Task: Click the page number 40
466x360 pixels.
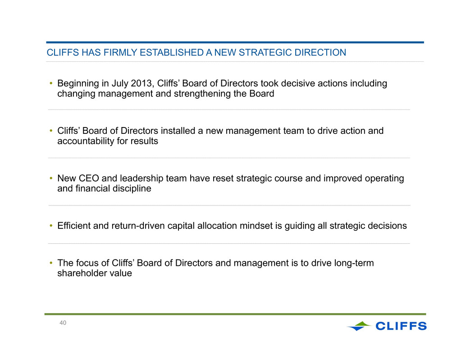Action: (x=63, y=323)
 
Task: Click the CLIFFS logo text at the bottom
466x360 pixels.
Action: (x=401, y=326)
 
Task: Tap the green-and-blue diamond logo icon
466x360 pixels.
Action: (x=359, y=326)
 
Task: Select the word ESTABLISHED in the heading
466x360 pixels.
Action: (x=172, y=52)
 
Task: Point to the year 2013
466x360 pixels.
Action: (x=142, y=83)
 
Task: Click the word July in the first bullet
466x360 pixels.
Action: (x=120, y=83)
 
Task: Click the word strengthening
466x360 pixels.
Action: (x=202, y=94)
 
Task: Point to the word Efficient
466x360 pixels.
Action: (x=74, y=226)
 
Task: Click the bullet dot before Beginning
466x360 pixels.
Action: (x=51, y=83)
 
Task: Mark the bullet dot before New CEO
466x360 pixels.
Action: (x=51, y=178)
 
